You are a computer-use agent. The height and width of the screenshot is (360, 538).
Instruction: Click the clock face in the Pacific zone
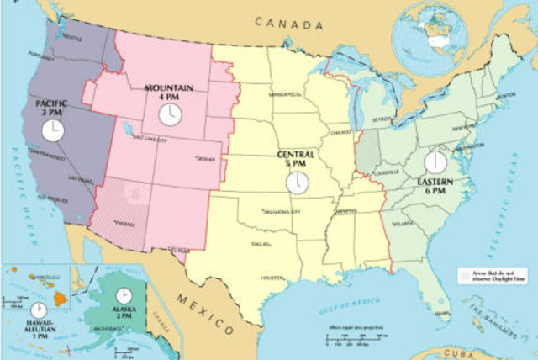tap(52, 130)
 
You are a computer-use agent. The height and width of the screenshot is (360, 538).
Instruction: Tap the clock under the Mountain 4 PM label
tap(170, 114)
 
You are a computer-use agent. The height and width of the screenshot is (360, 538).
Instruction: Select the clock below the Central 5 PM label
tap(297, 181)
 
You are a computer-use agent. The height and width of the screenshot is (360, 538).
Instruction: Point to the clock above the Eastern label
tap(435, 161)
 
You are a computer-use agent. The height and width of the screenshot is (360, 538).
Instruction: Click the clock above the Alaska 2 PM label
tap(124, 295)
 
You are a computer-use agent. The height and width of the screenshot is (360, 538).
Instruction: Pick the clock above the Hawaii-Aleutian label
tap(39, 310)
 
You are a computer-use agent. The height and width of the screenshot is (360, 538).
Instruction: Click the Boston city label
tap(506, 96)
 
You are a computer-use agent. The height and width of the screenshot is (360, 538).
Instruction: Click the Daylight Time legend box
tap(463, 275)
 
